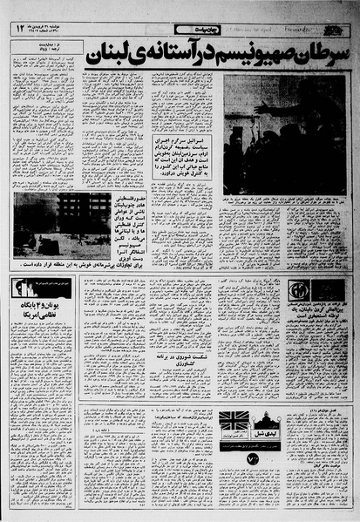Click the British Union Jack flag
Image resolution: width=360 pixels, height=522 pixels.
(234, 420)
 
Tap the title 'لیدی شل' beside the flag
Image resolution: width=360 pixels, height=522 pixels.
(263, 421)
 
